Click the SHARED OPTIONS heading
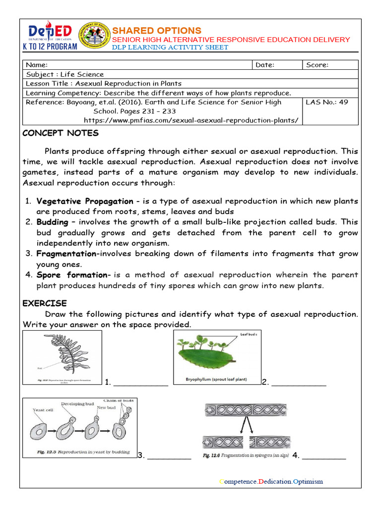tap(157, 31)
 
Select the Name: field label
tap(37, 65)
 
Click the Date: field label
tap(265, 65)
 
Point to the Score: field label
tap(317, 65)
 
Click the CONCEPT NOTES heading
tap(61, 133)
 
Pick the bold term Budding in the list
tap(52, 222)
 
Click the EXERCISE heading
tap(45, 304)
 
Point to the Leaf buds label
tap(249, 335)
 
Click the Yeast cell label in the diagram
tap(43, 410)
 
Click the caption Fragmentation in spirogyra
tap(246, 456)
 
